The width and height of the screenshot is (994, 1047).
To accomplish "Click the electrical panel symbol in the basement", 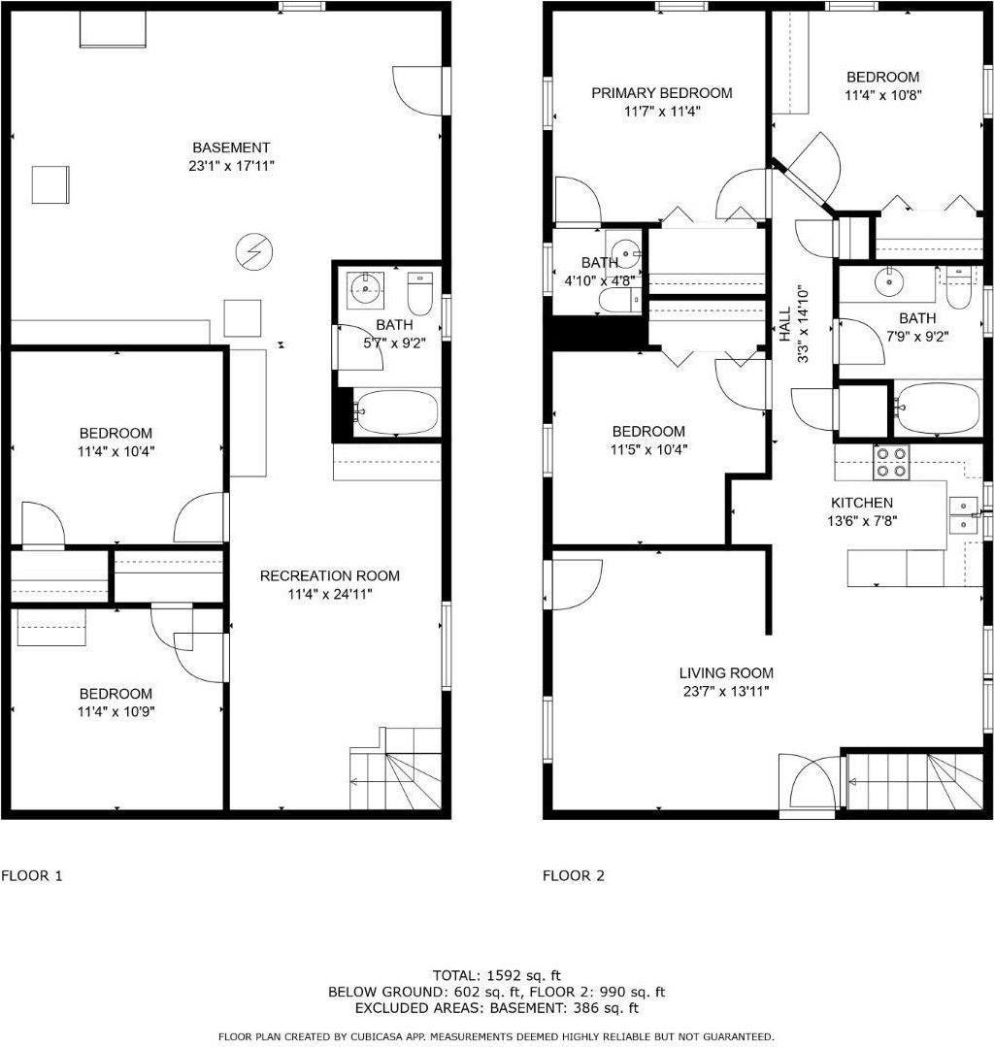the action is point(254,251).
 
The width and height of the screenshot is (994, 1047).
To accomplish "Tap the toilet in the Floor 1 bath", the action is point(419,294).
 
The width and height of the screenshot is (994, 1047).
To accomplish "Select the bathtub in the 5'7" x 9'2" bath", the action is point(396,411).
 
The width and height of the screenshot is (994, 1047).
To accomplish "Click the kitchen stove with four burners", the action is point(892,462).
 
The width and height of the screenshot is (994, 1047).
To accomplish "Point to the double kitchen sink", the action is point(963,515).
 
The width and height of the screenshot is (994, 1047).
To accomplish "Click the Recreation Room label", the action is point(329,575).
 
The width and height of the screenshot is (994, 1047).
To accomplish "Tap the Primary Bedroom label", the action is point(661,93).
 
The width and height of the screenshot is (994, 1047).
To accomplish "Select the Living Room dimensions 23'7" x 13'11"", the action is point(725,691).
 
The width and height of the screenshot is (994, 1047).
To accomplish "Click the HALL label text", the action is point(785,324).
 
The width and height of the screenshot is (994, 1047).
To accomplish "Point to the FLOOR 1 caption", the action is point(32,875).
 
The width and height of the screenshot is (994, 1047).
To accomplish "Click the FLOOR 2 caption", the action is point(573,875).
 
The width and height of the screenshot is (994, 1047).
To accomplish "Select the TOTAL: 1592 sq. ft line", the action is point(496,975).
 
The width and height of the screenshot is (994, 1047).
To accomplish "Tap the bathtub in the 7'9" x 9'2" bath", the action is point(938,408).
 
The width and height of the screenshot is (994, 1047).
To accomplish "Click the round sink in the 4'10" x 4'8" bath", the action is point(627,253).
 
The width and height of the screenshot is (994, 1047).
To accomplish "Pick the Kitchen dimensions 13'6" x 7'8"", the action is point(862,521).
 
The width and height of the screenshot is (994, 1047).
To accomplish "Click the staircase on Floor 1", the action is point(395,768).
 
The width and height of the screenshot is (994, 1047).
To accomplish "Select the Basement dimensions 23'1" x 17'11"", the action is point(231,166).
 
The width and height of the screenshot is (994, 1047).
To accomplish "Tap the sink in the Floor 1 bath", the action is point(365,290).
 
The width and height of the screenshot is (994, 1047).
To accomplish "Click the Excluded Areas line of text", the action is point(496,1007).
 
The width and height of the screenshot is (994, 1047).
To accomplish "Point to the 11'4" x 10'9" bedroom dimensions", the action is point(116,712).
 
